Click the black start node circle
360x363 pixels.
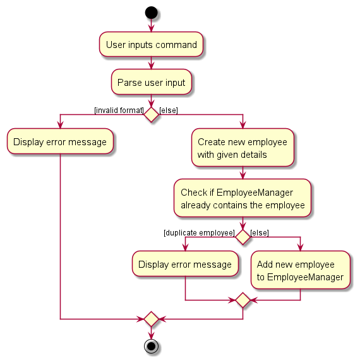tap(152, 13)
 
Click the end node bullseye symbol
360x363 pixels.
tap(152, 347)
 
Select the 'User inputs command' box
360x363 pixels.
tap(152, 44)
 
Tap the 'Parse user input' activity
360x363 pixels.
tap(152, 82)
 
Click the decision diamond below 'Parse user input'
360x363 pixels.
tap(152, 115)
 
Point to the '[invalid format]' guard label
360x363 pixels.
tap(119, 110)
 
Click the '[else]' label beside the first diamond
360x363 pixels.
tap(169, 110)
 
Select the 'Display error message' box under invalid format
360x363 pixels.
tap(60, 141)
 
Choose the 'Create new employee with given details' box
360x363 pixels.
tap(243, 148)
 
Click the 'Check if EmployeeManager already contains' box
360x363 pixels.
tap(243, 198)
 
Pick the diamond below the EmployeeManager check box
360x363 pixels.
tap(243, 237)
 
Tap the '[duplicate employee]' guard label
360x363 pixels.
tap(199, 233)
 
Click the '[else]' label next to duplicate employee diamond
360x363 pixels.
tap(260, 233)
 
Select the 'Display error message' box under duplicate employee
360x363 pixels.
tap(185, 264)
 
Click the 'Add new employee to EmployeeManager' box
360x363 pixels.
tap(301, 270)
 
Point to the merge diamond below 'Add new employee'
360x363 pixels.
tap(243, 301)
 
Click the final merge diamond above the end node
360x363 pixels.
tap(152, 319)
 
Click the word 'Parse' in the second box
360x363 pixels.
tap(127, 83)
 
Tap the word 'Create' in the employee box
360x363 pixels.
tap(212, 141)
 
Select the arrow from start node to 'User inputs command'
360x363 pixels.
tap(152, 25)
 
